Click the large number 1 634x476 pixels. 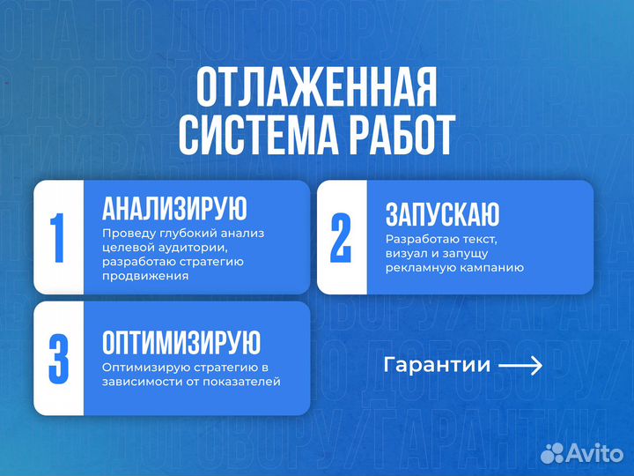pyautogui.click(x=58, y=237)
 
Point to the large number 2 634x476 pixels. pyautogui.click(x=341, y=237)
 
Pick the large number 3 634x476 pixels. pyautogui.click(x=58, y=358)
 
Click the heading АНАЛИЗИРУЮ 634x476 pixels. pyautogui.click(x=174, y=209)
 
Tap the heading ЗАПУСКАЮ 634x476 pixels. pyautogui.click(x=442, y=214)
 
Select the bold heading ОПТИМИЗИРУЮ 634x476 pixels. pyautogui.click(x=181, y=342)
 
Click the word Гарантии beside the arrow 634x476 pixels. pyautogui.click(x=437, y=365)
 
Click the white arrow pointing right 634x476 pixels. pyautogui.click(x=520, y=365)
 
